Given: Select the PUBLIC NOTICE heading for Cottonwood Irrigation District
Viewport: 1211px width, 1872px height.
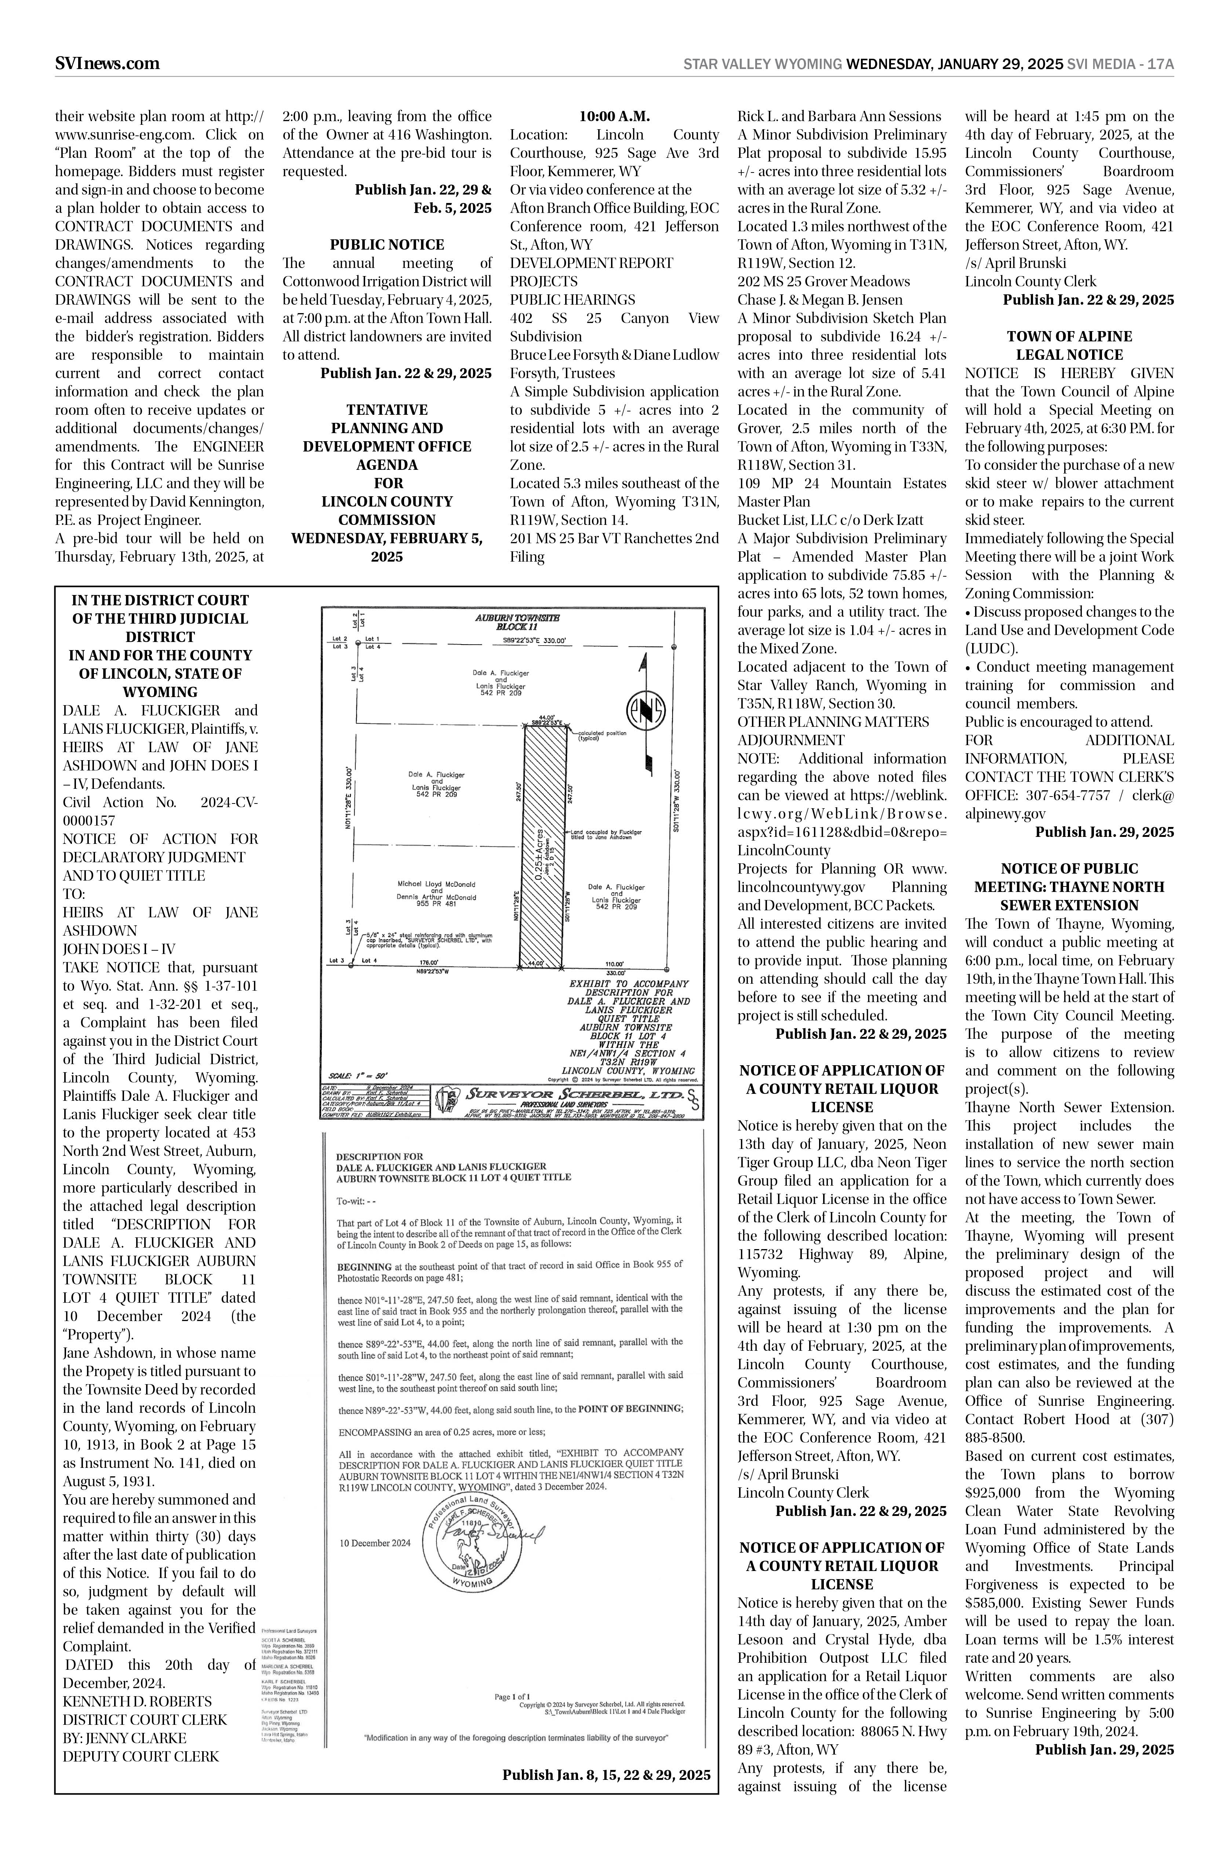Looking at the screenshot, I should coord(387,244).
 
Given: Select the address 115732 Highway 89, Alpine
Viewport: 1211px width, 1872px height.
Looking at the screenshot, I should coord(841,1255).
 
